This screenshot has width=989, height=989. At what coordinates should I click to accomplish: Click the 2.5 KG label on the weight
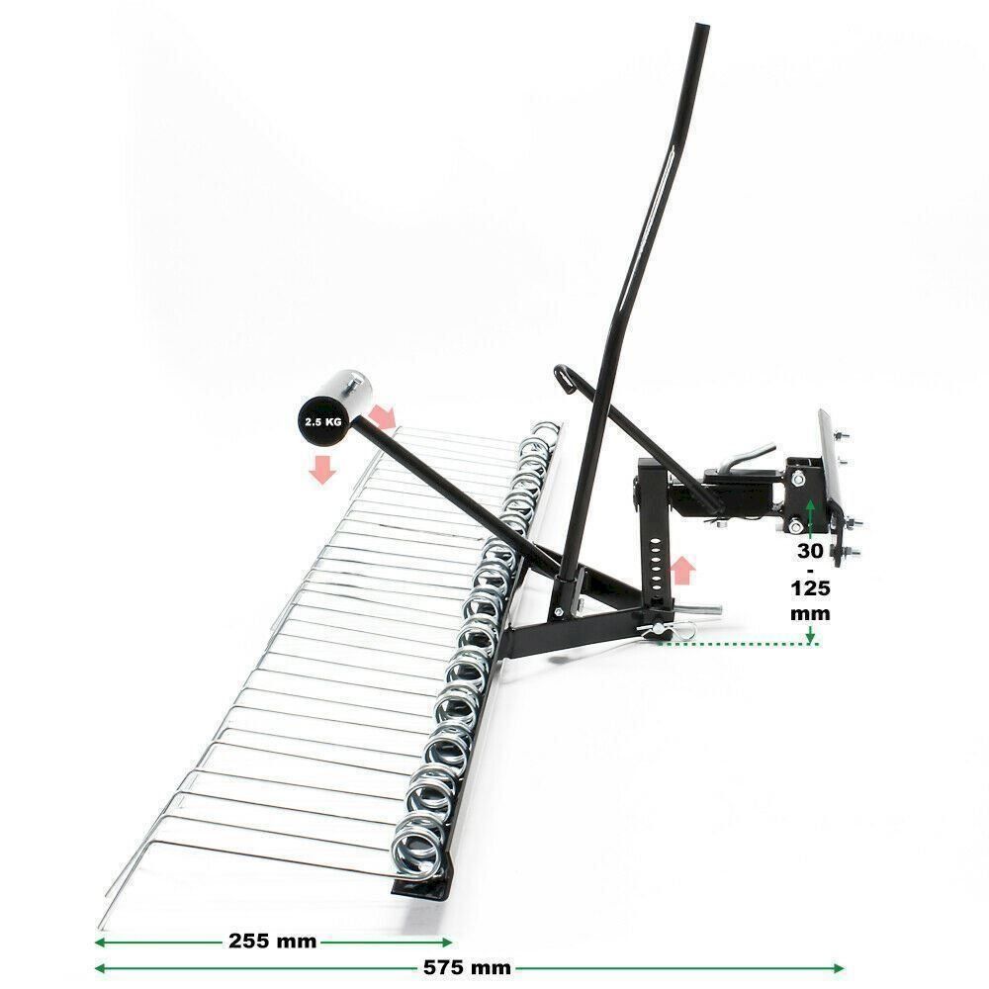coord(323,422)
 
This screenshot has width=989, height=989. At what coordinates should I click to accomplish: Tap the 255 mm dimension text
coord(273,942)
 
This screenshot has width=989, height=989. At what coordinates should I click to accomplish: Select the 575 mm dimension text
coord(467,967)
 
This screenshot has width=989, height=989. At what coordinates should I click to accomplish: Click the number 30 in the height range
coord(810,551)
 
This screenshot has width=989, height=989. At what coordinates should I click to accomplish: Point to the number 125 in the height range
coord(810,588)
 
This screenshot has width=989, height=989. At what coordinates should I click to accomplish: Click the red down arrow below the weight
coord(322,470)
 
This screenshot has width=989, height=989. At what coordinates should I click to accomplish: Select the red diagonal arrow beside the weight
coord(382,416)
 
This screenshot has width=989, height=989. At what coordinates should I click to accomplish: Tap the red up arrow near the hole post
coord(681,571)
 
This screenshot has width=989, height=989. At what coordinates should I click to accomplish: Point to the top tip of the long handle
coord(702,27)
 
